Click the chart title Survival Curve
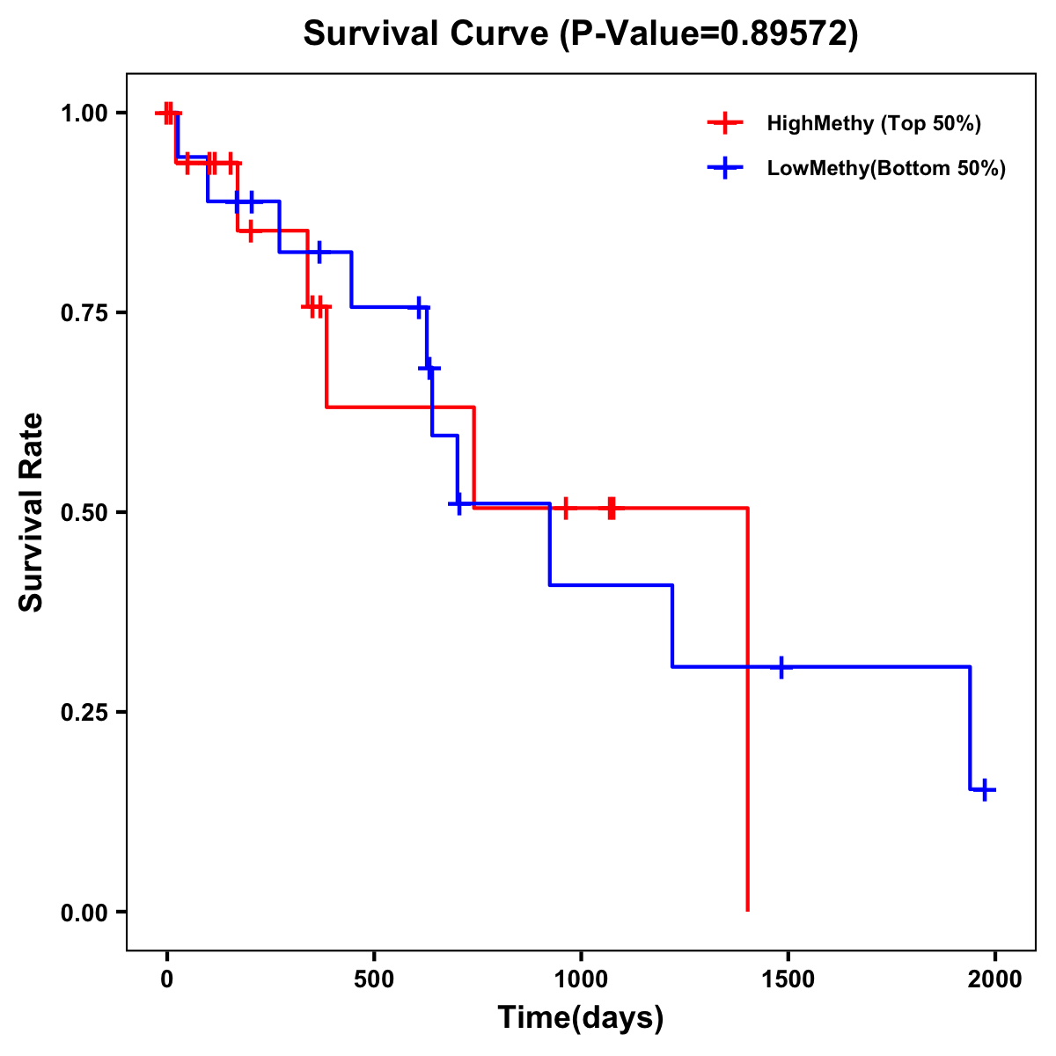(x=580, y=33)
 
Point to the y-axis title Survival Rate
(x=32, y=512)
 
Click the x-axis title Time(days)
(x=581, y=1017)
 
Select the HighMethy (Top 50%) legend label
(x=874, y=123)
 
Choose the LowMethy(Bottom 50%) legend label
(x=886, y=168)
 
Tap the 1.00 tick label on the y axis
(x=84, y=114)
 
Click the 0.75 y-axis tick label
(x=84, y=313)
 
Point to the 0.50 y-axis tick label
(x=84, y=513)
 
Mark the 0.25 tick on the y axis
(x=84, y=713)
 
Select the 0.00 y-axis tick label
(x=84, y=913)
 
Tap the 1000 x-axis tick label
(x=581, y=979)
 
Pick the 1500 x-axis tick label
(x=788, y=979)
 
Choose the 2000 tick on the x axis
(x=994, y=979)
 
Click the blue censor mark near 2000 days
(x=985, y=789)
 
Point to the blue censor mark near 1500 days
(x=781, y=667)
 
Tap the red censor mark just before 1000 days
(x=565, y=508)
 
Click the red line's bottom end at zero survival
(x=747, y=910)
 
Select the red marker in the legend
(x=724, y=123)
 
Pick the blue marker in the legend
(x=724, y=168)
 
